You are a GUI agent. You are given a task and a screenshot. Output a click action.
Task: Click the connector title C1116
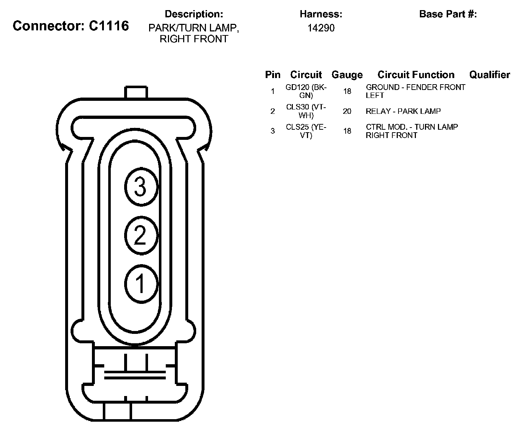[71, 26]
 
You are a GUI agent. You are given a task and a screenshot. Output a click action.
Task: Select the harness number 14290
[321, 28]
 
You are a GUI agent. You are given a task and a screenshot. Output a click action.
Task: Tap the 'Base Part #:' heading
[448, 14]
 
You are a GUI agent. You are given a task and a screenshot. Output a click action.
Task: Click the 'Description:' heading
[194, 14]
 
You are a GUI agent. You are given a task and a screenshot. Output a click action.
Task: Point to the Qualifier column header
[490, 74]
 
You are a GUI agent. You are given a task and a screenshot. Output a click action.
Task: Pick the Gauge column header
[347, 74]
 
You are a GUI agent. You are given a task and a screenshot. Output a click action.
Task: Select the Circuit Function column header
[416, 74]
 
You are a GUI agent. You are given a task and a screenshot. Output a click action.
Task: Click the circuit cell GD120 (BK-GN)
[306, 91]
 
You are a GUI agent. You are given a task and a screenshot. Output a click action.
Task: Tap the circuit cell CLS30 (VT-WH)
[306, 111]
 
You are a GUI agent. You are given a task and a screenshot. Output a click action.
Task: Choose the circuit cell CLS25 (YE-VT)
[306, 131]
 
